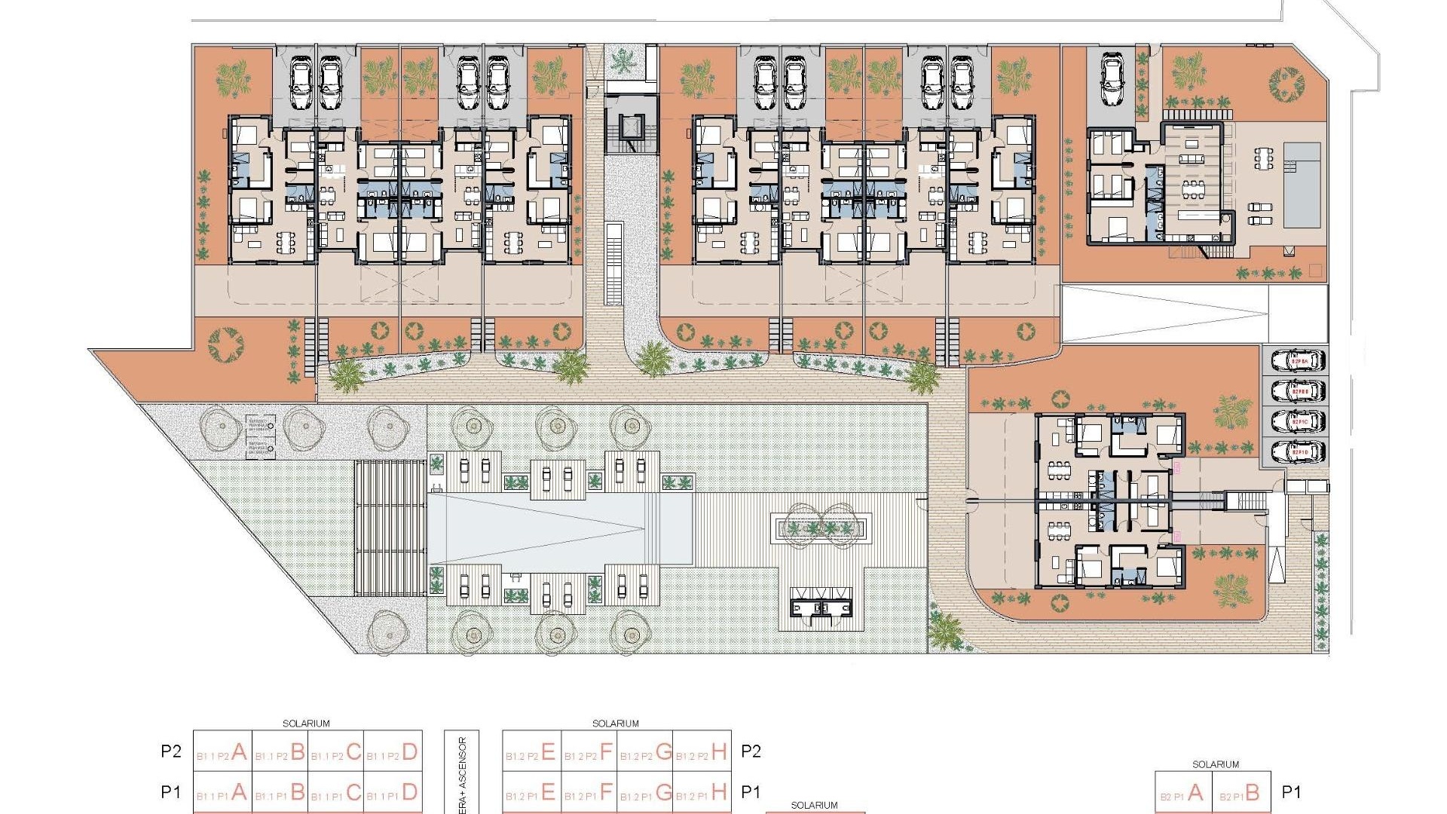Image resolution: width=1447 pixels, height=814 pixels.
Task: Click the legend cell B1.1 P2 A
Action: click(222, 751)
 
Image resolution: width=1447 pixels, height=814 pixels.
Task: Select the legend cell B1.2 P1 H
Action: click(702, 792)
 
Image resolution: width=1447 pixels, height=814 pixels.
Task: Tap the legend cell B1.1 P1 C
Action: click(336, 792)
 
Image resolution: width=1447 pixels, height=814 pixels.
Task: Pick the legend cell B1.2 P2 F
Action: click(589, 751)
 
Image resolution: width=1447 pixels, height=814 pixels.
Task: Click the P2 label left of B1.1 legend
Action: click(171, 751)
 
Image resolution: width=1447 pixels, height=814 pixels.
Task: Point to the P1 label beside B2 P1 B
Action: click(1292, 792)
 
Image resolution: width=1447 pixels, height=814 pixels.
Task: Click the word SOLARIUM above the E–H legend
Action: click(616, 724)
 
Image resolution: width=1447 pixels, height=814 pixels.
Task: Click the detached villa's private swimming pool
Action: click(1302, 185)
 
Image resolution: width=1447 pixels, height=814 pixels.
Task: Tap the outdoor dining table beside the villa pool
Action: click(1265, 158)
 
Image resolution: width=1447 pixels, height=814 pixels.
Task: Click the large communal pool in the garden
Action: click(558, 528)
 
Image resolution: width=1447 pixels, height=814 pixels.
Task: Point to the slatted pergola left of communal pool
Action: click(390, 528)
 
